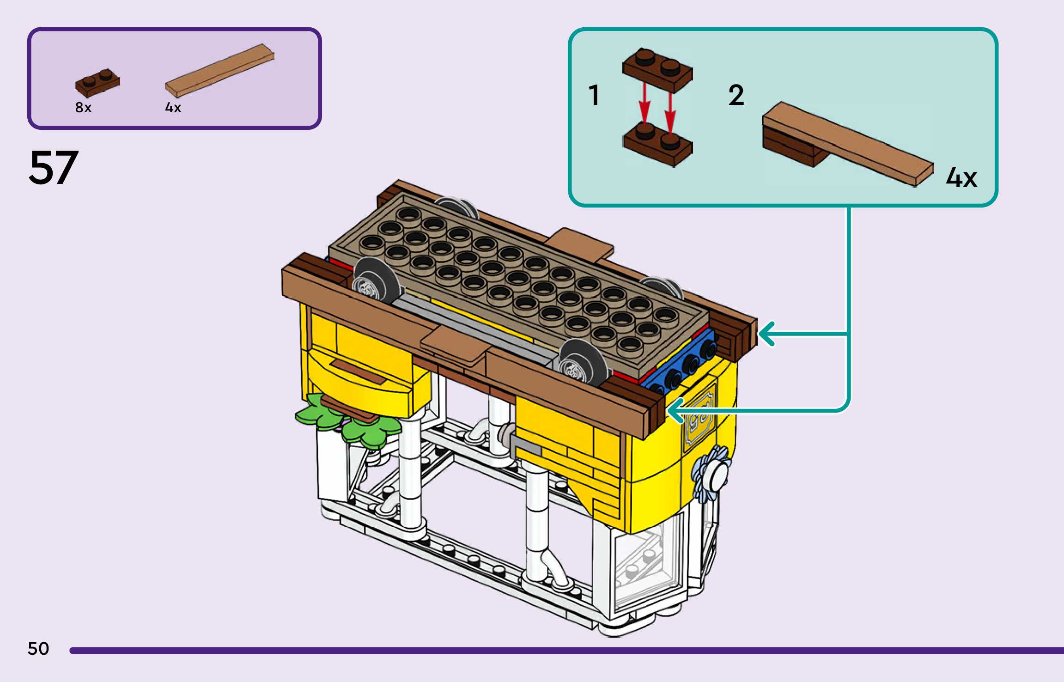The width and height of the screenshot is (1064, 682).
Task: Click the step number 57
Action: click(x=53, y=168)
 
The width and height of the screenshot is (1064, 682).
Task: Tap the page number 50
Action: click(x=38, y=649)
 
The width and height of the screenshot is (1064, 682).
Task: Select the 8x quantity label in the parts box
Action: click(x=83, y=108)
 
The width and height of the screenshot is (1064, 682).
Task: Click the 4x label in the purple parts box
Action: click(x=173, y=108)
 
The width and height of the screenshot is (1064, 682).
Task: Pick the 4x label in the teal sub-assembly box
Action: click(x=961, y=177)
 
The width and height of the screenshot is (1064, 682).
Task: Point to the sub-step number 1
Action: click(x=594, y=95)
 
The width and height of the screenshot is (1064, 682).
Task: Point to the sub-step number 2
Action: click(x=736, y=95)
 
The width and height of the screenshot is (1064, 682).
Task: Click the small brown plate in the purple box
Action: click(x=97, y=83)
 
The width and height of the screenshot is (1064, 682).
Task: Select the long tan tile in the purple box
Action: click(x=220, y=70)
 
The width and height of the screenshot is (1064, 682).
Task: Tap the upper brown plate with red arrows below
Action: click(x=657, y=70)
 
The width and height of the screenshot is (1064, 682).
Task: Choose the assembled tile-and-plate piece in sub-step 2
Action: click(x=841, y=143)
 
